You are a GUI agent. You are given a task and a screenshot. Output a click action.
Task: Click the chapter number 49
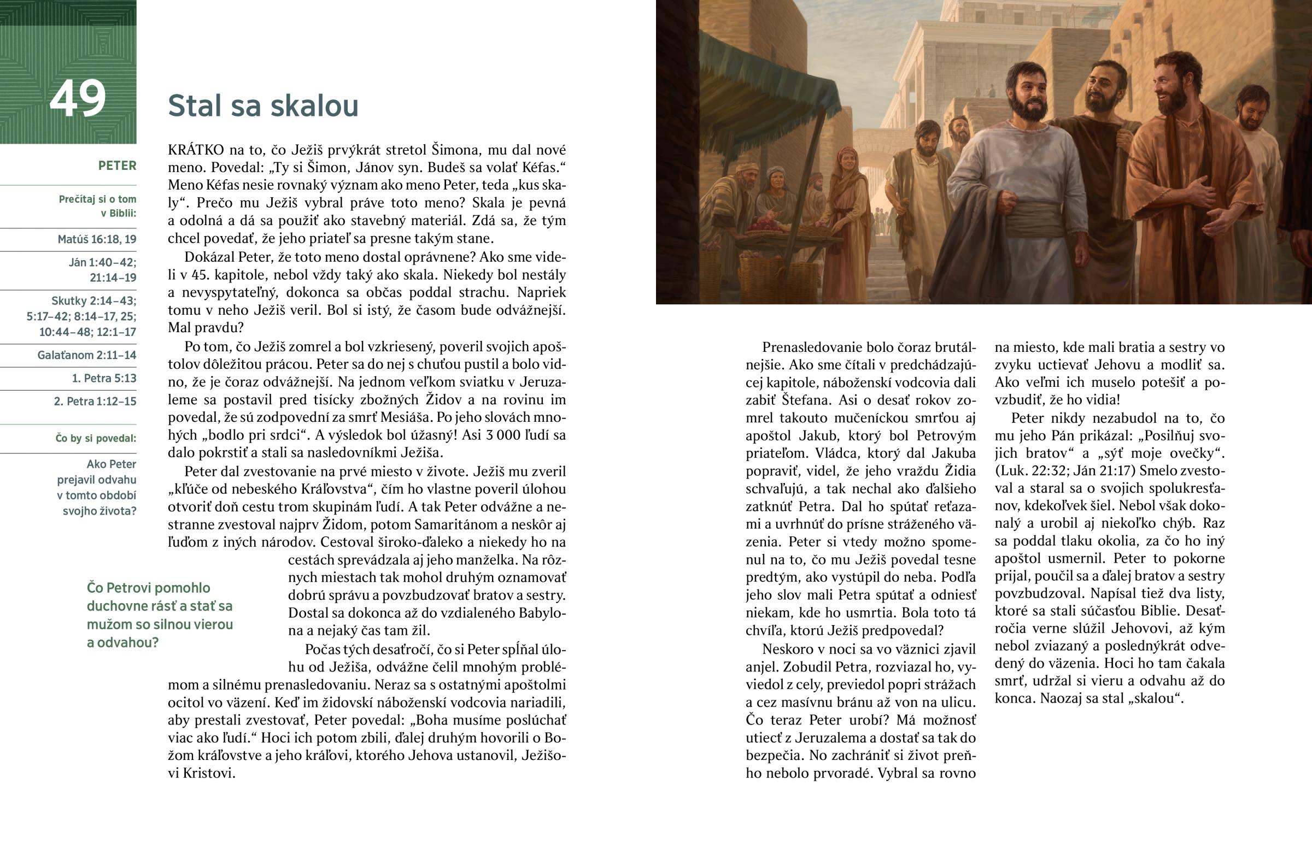click(x=77, y=98)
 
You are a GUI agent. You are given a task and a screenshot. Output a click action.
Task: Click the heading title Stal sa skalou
click(x=263, y=105)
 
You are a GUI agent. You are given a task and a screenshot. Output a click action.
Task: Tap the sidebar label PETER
click(x=117, y=166)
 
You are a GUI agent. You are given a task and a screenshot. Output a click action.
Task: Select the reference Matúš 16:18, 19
click(x=97, y=239)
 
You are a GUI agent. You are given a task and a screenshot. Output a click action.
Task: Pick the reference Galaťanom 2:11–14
click(x=86, y=355)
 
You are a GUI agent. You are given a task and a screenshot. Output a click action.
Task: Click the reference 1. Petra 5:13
click(x=104, y=378)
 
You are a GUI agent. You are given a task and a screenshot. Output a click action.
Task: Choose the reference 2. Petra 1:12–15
click(x=95, y=401)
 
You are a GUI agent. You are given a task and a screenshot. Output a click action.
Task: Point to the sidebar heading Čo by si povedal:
click(x=96, y=439)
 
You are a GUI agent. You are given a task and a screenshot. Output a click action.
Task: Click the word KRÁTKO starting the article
click(x=196, y=150)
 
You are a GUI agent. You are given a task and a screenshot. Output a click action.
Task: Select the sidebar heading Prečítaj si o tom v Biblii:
click(x=97, y=206)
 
